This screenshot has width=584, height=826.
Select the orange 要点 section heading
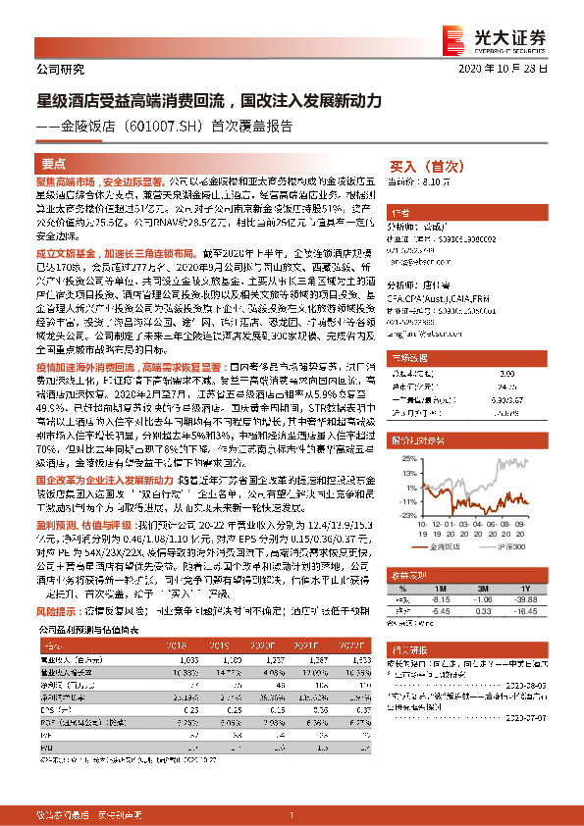pos(55,164)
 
